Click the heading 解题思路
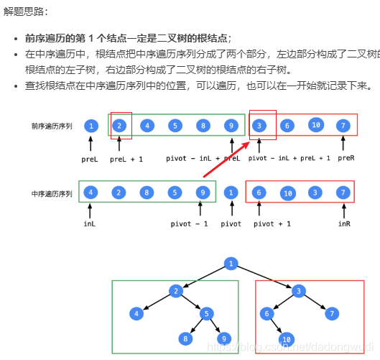25,12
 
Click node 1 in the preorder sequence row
91,126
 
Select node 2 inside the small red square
120,126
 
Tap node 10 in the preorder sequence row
315,126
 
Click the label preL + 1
126,158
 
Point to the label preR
346,157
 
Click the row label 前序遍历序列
52,126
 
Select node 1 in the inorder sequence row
231,193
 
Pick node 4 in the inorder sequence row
91,193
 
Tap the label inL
89,223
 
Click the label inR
345,223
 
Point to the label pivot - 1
190,223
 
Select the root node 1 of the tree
231,264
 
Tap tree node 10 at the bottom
287,338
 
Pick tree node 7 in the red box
332,313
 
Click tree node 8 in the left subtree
185,338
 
